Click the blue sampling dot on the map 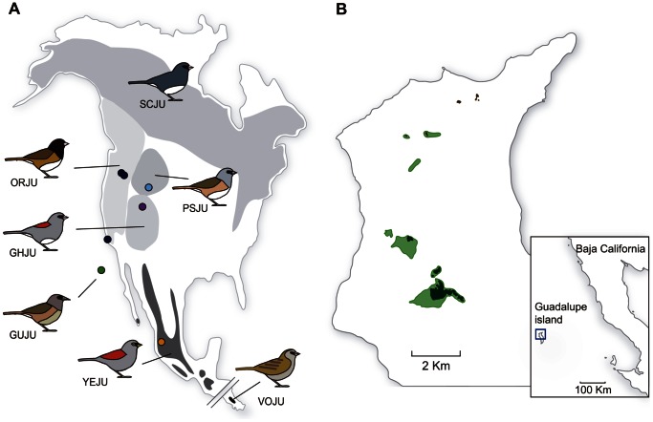click(148, 187)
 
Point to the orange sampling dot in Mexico click(162, 342)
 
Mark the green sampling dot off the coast click(100, 271)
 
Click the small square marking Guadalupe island click(540, 335)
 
